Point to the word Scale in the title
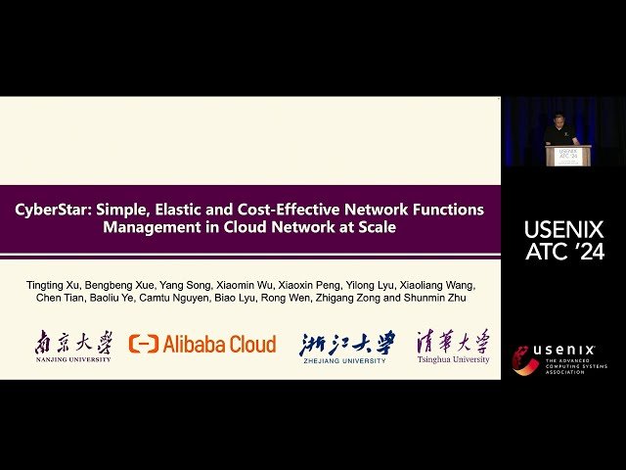[377, 227]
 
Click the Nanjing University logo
[73, 345]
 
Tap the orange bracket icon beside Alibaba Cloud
[144, 344]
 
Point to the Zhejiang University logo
[347, 345]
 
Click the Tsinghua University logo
[452, 345]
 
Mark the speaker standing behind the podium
[560, 129]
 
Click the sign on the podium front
[567, 155]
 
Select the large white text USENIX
[563, 230]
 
